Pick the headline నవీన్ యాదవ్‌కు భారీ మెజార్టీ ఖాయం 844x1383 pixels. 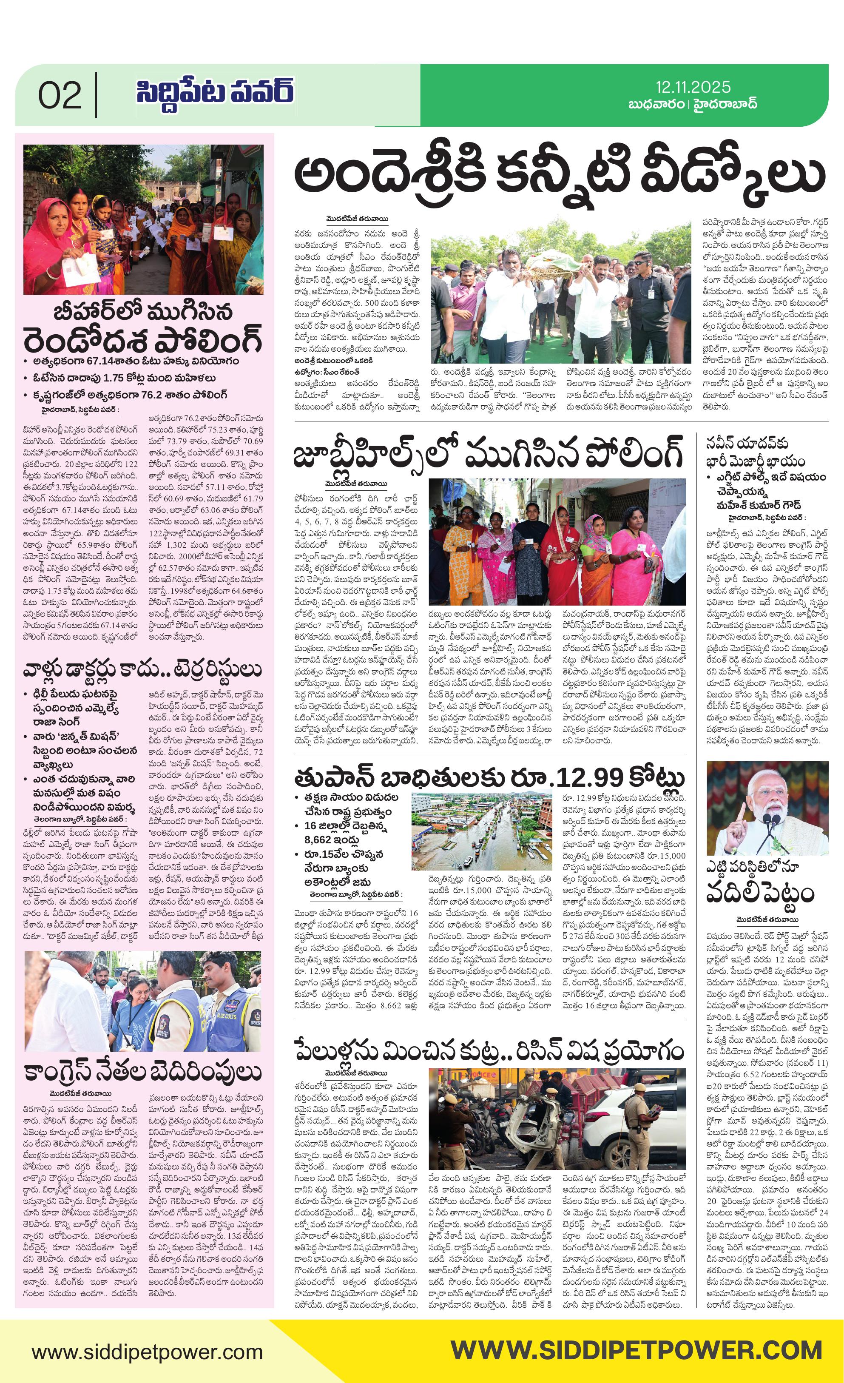tap(755, 451)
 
